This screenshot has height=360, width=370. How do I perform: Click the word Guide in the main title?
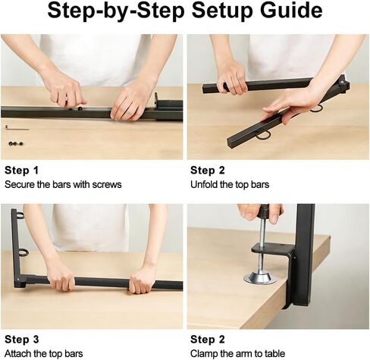(x=291, y=11)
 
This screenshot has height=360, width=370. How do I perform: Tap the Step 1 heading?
(x=21, y=171)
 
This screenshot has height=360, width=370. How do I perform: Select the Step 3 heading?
(x=22, y=340)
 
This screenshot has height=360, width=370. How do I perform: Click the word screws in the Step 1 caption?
(x=107, y=185)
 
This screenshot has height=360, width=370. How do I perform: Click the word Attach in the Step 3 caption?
(x=17, y=353)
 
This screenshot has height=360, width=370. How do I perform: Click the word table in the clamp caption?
(x=274, y=353)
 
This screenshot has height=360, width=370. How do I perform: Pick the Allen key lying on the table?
(x=17, y=128)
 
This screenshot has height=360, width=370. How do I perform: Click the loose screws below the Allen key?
(x=16, y=144)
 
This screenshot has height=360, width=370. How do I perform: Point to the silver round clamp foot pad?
(x=259, y=278)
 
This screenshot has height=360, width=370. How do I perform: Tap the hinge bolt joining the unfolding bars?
(x=342, y=82)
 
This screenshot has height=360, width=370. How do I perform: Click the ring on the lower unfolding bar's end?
(x=264, y=136)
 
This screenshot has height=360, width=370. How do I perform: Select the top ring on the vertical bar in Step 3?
(x=20, y=215)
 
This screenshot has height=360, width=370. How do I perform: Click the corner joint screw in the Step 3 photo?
(x=17, y=280)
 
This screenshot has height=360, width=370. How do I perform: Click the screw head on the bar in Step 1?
(x=80, y=109)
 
